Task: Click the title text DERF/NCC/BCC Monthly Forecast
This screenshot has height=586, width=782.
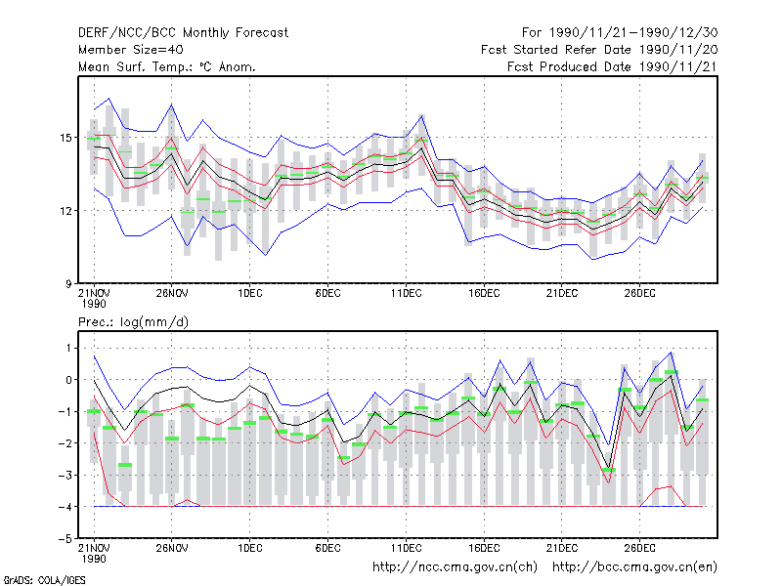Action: (183, 33)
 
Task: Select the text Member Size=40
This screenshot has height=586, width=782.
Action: (131, 50)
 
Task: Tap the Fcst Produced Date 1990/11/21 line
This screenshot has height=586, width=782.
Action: (613, 66)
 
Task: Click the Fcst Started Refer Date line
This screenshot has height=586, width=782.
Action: (599, 50)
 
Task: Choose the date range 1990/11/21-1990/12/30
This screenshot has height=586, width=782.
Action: (633, 33)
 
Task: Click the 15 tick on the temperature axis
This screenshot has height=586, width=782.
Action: (65, 138)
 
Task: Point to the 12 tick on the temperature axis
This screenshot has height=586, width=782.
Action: (65, 211)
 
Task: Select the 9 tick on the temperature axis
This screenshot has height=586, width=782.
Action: (68, 284)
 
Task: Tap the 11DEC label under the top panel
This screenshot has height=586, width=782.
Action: (406, 293)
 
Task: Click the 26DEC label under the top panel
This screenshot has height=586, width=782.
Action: (640, 293)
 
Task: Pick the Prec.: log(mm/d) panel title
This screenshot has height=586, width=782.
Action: (133, 322)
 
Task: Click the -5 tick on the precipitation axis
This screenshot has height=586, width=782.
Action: (65, 539)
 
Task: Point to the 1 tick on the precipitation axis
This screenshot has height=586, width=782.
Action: (68, 348)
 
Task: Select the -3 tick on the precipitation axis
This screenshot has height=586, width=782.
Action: (65, 475)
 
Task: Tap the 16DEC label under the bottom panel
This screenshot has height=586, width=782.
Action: (484, 548)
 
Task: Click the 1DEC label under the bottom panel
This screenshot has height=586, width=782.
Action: (250, 548)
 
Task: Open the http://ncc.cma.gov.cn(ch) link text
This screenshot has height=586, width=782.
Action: (455, 567)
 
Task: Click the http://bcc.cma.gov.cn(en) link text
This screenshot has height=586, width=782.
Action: (634, 567)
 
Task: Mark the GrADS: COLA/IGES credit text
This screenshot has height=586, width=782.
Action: (44, 580)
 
